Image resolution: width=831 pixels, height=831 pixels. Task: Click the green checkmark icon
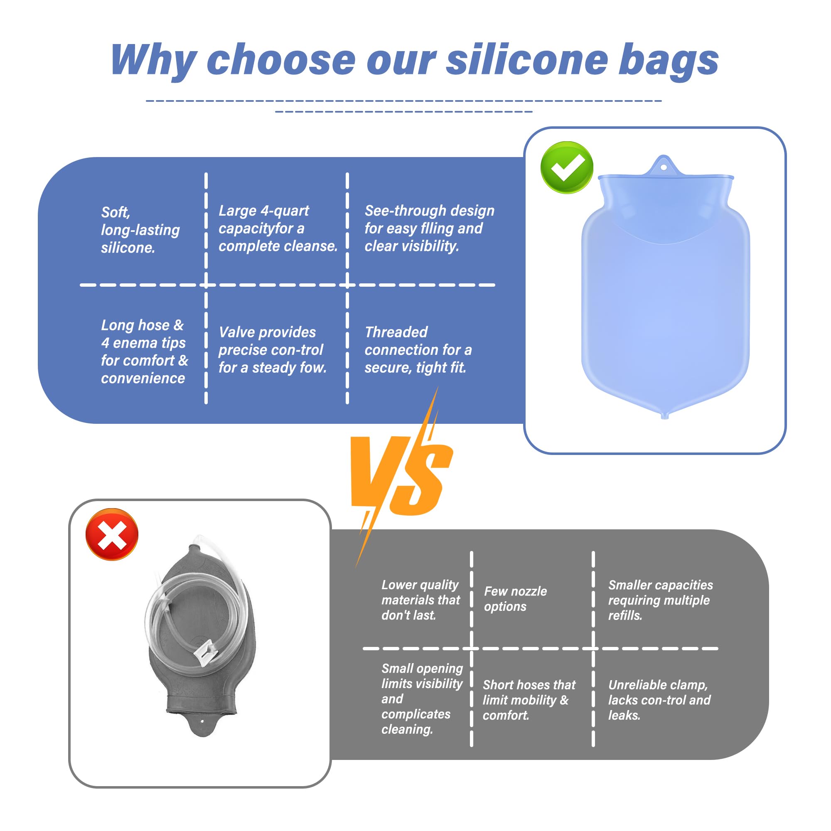pyautogui.click(x=566, y=167)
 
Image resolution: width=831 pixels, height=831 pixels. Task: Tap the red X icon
pyautogui.click(x=112, y=534)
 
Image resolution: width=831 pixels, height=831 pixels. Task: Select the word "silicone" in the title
pyautogui.click(x=527, y=60)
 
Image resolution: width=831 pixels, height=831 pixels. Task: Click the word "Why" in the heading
pyautogui.click(x=154, y=61)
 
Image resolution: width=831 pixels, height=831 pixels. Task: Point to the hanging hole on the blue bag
pyautogui.click(x=664, y=167)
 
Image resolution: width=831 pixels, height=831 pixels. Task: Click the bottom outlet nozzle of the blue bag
pyautogui.click(x=664, y=415)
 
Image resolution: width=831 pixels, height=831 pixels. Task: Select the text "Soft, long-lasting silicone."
pyautogui.click(x=140, y=230)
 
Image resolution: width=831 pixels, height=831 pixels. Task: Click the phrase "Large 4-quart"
pyautogui.click(x=264, y=210)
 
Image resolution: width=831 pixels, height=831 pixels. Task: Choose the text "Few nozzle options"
pyautogui.click(x=515, y=599)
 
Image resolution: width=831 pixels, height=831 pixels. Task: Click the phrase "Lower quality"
pyautogui.click(x=420, y=585)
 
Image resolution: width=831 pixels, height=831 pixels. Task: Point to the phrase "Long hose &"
pyautogui.click(x=143, y=325)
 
